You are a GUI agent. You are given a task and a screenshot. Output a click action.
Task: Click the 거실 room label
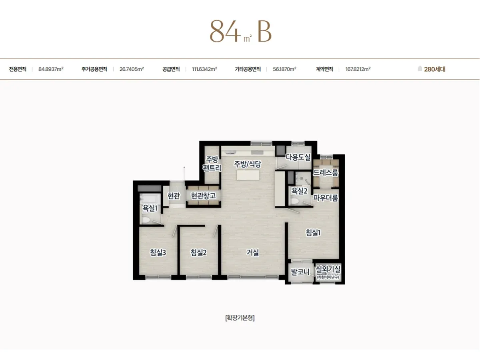252,252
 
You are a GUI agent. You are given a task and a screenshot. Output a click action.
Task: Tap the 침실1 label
313,232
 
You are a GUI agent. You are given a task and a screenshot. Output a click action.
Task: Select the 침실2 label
198,252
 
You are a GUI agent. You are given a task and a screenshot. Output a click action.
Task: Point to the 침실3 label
158,252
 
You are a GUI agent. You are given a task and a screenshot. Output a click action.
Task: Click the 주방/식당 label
248,164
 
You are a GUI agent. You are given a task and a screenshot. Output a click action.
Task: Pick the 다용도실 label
298,157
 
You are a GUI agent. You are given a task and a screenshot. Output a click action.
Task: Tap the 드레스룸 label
326,173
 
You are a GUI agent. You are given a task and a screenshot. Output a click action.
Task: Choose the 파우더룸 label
326,198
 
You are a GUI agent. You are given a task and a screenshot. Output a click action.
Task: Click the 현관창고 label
203,196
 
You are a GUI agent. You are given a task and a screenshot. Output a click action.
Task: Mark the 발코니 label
300,272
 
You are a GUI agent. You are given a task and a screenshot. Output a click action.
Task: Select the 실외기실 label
328,269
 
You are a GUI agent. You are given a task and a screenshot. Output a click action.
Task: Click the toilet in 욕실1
146,220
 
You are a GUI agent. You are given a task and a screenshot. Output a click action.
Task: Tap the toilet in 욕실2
295,201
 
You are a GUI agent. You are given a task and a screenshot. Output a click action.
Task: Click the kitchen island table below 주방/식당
248,175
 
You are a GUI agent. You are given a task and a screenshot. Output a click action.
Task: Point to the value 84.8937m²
51,69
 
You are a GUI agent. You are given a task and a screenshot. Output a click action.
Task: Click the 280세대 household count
435,69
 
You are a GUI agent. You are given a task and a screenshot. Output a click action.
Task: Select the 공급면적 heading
171,69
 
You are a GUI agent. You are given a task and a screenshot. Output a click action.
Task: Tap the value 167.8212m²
358,69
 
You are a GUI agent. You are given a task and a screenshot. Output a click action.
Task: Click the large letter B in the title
265,32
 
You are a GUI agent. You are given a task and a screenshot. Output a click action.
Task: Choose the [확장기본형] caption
240,318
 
